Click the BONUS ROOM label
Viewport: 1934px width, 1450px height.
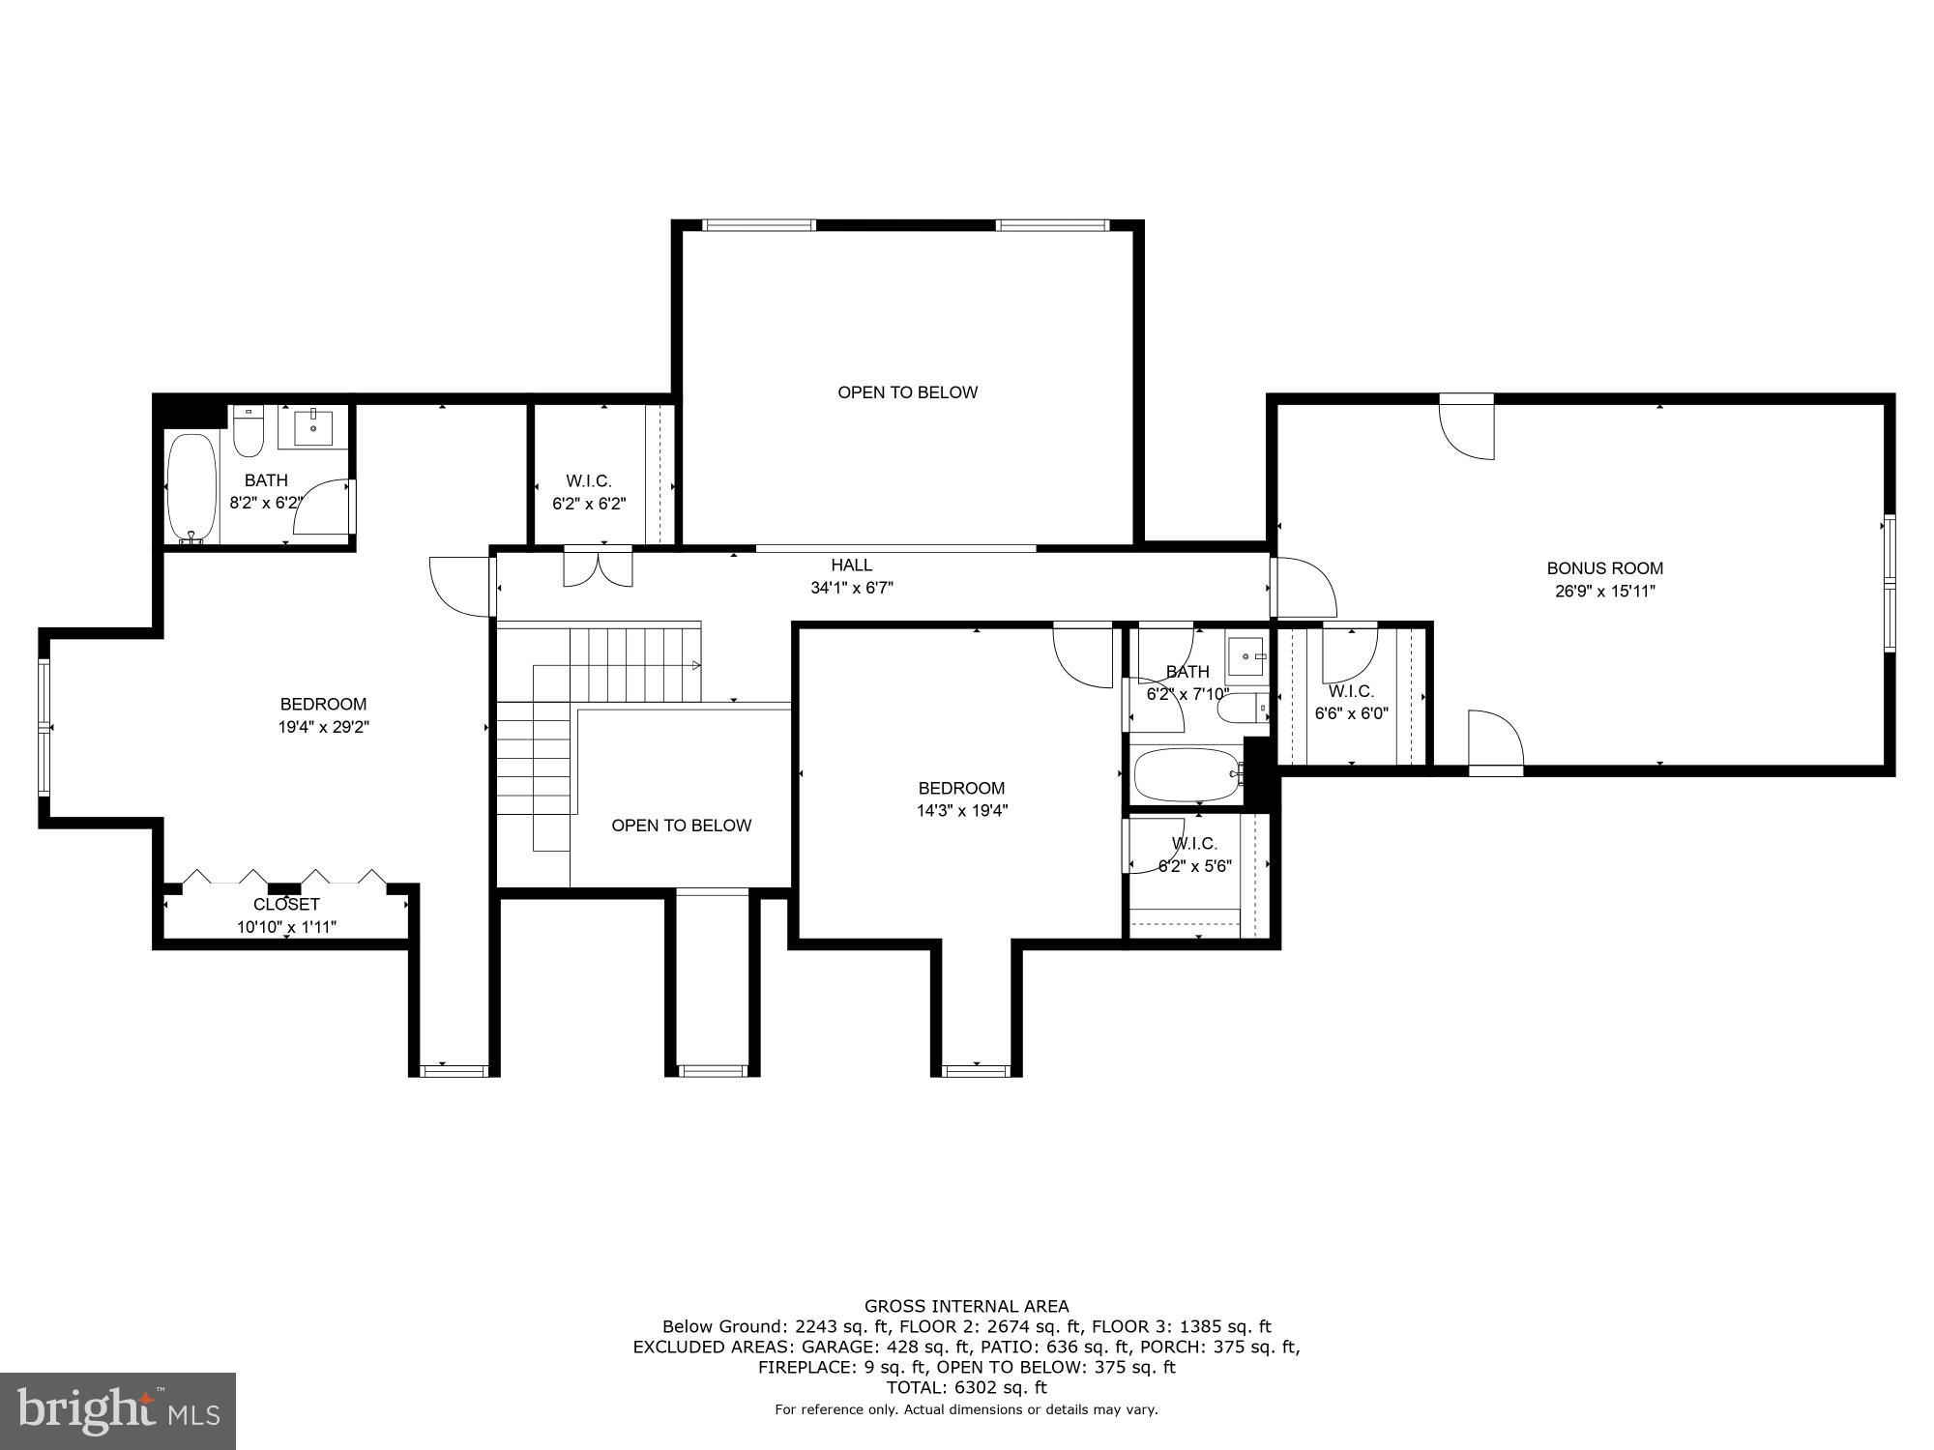(x=1604, y=568)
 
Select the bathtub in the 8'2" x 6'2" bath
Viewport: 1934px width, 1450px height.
(x=191, y=488)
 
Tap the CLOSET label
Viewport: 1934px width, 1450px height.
(x=286, y=905)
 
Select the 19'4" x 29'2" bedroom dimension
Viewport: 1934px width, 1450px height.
(x=324, y=727)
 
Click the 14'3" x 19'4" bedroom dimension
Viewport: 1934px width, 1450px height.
(x=962, y=811)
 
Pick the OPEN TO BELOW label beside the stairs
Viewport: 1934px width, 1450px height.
(x=681, y=826)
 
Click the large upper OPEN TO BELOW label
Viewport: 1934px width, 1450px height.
(x=907, y=392)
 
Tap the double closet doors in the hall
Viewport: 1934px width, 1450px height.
(x=599, y=567)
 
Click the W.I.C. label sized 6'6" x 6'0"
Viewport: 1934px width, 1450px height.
(x=1351, y=691)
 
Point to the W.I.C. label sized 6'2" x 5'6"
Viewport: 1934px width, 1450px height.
(x=1194, y=844)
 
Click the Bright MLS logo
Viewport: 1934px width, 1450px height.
(x=118, y=1411)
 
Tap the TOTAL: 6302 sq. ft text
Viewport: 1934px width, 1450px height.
(x=966, y=1387)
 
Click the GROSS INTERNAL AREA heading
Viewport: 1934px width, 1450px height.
(x=966, y=1306)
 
